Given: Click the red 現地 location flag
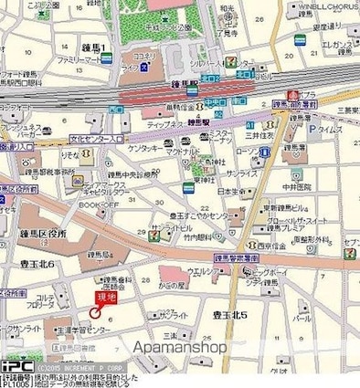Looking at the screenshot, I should click(x=107, y=299).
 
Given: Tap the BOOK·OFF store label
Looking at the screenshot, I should click(x=95, y=206).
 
